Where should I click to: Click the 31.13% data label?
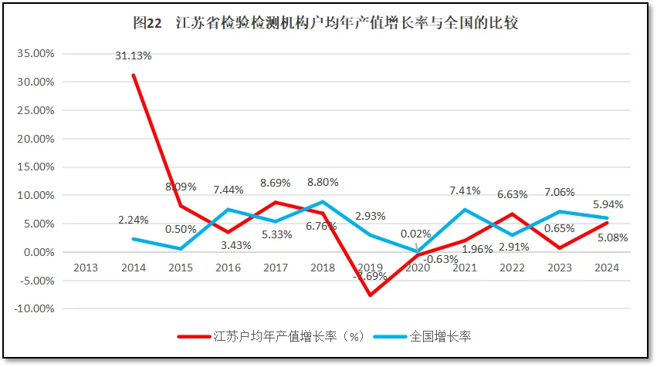pyautogui.click(x=133, y=56)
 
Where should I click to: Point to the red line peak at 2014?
pyautogui.click(x=133, y=75)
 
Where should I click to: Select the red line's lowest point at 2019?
pyautogui.click(x=371, y=295)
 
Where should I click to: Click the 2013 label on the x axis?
pyautogui.click(x=86, y=268)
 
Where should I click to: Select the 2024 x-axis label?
pyautogui.click(x=608, y=268)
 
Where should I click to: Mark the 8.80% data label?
pyautogui.click(x=323, y=183)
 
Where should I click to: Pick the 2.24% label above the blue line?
pyautogui.click(x=133, y=220)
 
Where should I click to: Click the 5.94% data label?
pyautogui.click(x=608, y=205)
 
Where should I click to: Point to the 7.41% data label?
pyautogui.click(x=466, y=190)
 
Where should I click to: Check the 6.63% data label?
pyautogui.click(x=513, y=194)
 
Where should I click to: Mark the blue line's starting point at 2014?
pyautogui.click(x=133, y=239)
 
